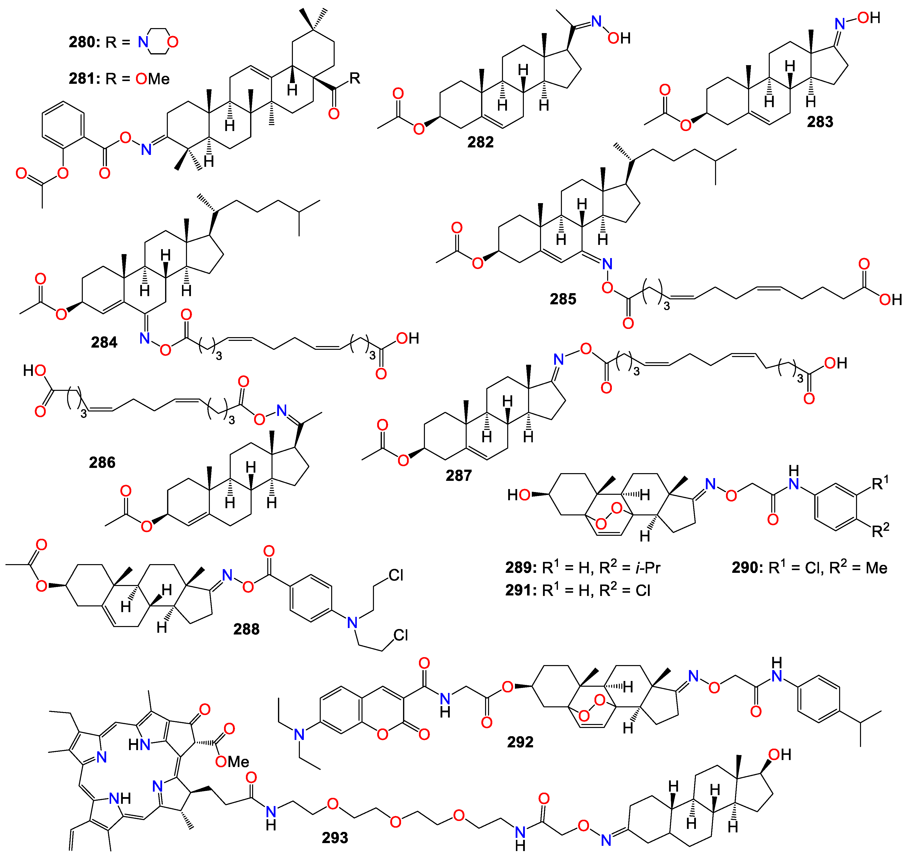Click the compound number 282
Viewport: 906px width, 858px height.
(480, 142)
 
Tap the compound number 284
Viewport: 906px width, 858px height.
(104, 342)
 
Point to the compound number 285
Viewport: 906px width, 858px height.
(563, 299)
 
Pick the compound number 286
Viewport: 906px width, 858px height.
(102, 462)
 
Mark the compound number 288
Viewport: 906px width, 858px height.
(246, 629)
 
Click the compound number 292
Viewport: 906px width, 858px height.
(520, 742)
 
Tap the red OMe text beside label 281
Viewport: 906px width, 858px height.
(153, 79)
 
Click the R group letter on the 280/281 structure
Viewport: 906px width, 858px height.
(355, 78)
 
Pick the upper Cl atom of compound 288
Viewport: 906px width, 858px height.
(396, 575)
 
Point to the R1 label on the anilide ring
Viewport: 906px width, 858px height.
(880, 483)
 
